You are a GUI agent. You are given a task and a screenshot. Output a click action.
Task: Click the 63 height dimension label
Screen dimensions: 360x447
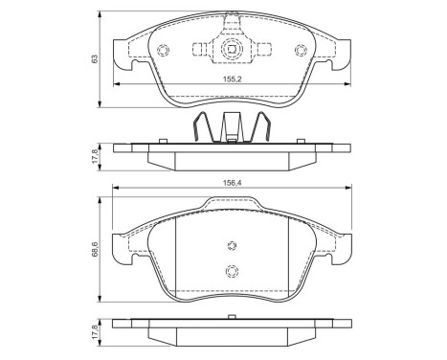click(95, 59)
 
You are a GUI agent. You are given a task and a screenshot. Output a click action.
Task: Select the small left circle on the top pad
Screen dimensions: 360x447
click(161, 52)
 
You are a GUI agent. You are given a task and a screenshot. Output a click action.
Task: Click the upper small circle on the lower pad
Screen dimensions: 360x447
click(230, 244)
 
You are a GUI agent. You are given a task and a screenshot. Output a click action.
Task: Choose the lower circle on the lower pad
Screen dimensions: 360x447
click(230, 271)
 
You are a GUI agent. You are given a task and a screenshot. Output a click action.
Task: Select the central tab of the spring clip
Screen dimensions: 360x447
click(230, 127)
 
